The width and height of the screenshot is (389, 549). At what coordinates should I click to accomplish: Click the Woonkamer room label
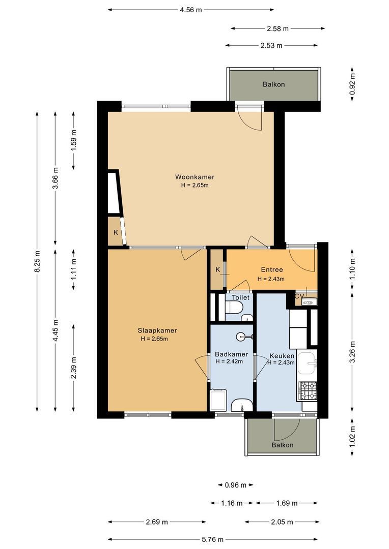tap(194, 177)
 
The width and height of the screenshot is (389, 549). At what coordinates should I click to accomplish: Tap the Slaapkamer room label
tap(157, 330)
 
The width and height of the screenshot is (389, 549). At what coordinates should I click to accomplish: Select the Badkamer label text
tap(232, 354)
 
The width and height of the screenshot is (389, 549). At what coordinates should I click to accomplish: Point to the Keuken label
tap(282, 356)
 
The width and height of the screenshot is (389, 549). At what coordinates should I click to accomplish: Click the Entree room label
tap(272, 269)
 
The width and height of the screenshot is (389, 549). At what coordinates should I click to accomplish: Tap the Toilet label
tap(241, 297)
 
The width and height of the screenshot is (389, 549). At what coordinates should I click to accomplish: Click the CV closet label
tap(299, 296)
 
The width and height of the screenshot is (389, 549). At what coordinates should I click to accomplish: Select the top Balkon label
tap(273, 84)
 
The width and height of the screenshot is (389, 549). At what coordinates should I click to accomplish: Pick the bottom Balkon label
tap(283, 445)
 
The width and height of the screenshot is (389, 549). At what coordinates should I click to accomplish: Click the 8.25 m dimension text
tap(38, 261)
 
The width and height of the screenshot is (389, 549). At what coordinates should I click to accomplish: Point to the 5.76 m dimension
tap(212, 539)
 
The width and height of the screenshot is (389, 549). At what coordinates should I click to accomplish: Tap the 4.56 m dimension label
tap(191, 10)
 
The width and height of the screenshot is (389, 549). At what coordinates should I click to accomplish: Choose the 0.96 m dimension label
tap(236, 485)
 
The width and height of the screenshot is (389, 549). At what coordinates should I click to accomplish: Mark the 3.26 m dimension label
tap(352, 352)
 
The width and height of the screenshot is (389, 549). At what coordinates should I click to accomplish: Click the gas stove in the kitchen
tap(308, 391)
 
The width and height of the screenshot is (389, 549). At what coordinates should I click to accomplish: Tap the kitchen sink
tap(308, 363)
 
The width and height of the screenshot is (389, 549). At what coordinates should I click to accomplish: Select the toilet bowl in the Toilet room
tap(234, 307)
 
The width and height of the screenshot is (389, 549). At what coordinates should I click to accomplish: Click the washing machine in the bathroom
tap(218, 400)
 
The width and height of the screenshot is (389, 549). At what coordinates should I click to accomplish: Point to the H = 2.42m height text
tap(229, 361)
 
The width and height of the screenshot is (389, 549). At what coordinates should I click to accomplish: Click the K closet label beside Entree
tap(217, 269)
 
